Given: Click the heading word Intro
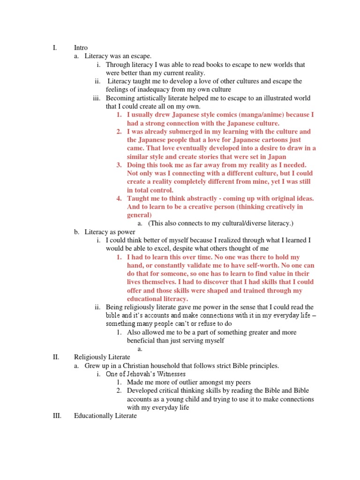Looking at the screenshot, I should (81, 47).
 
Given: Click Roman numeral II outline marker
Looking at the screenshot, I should (55, 357).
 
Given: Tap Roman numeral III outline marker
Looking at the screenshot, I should (57, 416).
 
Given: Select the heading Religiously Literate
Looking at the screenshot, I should (102, 357).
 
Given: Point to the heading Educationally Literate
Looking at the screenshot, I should (105, 416).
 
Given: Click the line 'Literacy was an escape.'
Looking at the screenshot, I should (112, 56).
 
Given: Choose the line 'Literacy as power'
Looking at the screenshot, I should (110, 232).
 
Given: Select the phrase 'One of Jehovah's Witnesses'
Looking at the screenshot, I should (146, 374).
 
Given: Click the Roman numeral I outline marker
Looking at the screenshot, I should (55, 47).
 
